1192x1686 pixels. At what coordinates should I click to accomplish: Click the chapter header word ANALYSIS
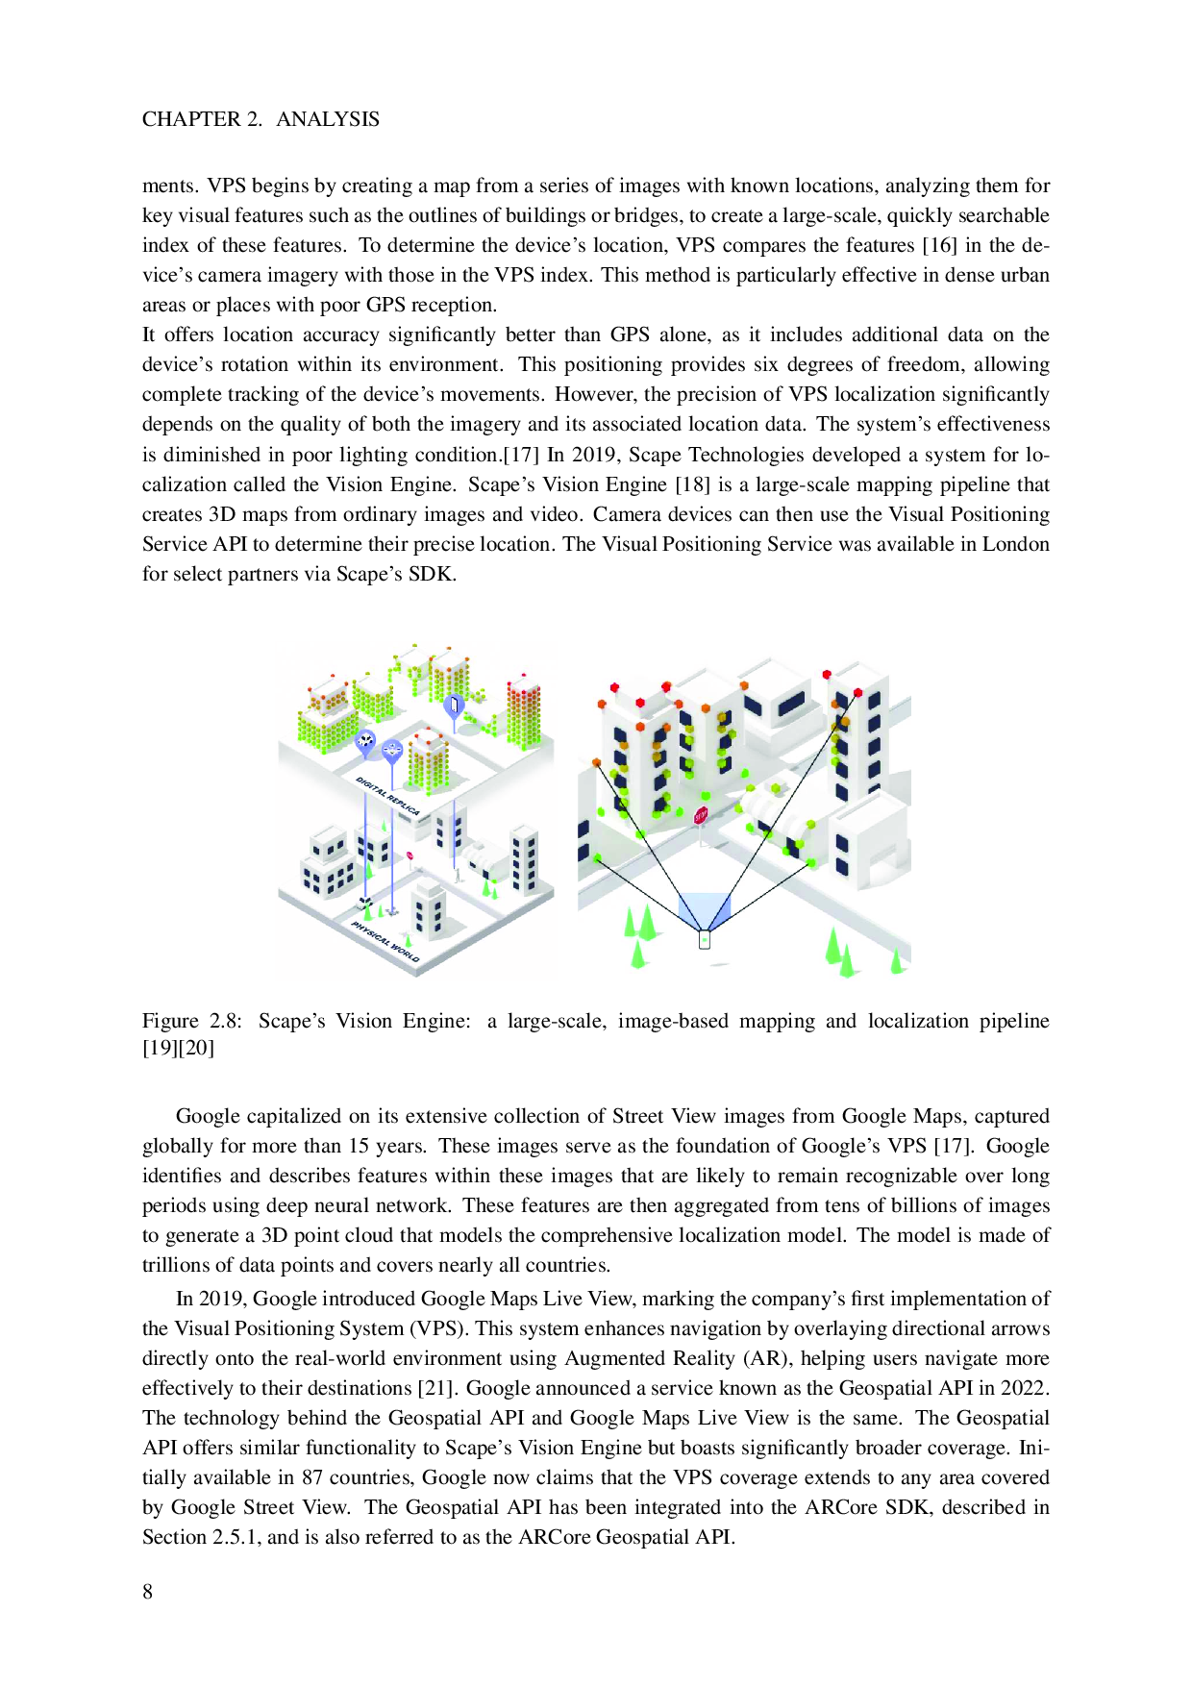coord(328,119)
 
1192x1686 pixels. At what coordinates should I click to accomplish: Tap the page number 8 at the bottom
coord(148,1592)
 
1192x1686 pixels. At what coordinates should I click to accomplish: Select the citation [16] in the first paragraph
coord(939,245)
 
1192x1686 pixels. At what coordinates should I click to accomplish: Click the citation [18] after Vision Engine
coord(692,484)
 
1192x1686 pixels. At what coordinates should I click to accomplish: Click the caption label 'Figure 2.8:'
coord(192,1021)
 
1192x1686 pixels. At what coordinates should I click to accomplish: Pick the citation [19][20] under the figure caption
coord(178,1048)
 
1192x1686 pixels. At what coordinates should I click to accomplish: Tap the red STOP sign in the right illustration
coord(700,815)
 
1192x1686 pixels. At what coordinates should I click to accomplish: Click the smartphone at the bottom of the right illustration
coord(705,939)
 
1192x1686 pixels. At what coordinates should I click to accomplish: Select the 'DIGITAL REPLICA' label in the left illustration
coord(387,796)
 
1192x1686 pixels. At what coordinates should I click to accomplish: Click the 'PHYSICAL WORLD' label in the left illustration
coord(385,941)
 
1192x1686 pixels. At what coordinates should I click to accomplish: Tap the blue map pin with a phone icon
coord(453,706)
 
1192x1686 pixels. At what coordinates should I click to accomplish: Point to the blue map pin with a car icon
coord(365,740)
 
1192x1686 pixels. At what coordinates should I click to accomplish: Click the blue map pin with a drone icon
coord(392,750)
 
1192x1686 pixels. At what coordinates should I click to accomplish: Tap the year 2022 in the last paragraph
coord(1023,1388)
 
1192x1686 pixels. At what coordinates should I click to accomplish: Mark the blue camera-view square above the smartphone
coord(705,909)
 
